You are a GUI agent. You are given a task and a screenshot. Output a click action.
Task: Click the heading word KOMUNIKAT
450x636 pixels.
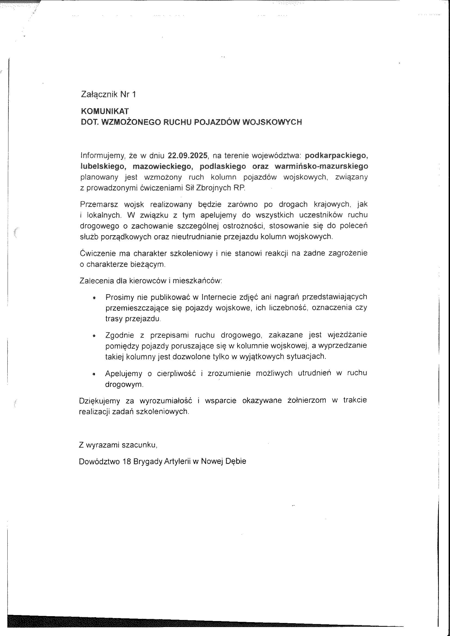click(x=105, y=111)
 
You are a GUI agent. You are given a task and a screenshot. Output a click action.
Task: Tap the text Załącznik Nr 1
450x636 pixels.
click(x=108, y=94)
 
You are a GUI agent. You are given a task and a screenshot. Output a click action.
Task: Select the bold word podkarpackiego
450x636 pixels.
click(x=336, y=156)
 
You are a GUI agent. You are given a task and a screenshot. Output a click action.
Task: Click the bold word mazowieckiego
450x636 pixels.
click(x=162, y=166)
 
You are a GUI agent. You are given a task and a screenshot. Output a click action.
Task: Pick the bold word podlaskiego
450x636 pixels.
click(x=223, y=166)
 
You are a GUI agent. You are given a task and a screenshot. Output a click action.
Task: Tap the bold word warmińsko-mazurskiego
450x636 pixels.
click(x=321, y=166)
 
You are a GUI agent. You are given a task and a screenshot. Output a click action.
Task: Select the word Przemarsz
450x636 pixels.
click(x=99, y=204)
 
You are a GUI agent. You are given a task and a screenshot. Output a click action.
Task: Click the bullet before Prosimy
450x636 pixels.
click(x=94, y=298)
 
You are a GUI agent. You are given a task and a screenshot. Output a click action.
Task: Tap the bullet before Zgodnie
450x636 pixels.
click(x=94, y=336)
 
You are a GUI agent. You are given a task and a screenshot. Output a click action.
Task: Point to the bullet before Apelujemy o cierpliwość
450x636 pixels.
click(x=94, y=374)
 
